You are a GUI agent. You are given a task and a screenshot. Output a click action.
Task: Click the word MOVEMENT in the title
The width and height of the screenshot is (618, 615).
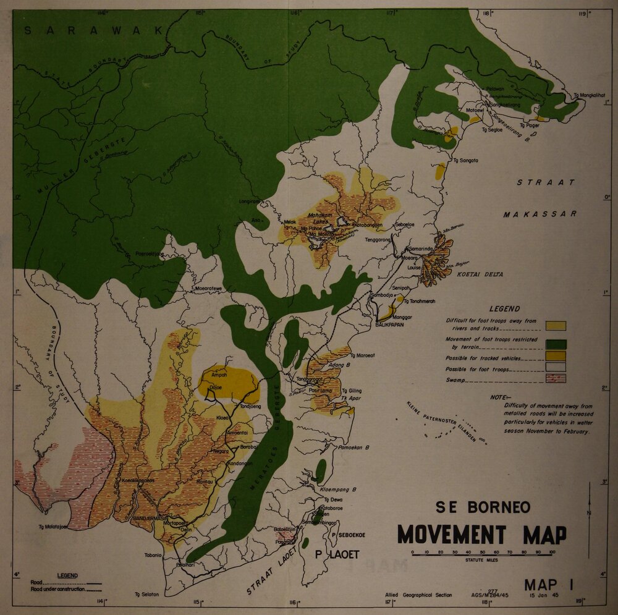click(x=451, y=534)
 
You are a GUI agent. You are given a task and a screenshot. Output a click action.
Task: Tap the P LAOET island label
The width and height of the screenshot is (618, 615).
click(x=337, y=554)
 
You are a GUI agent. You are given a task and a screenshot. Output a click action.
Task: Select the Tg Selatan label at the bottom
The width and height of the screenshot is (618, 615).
click(x=146, y=595)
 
